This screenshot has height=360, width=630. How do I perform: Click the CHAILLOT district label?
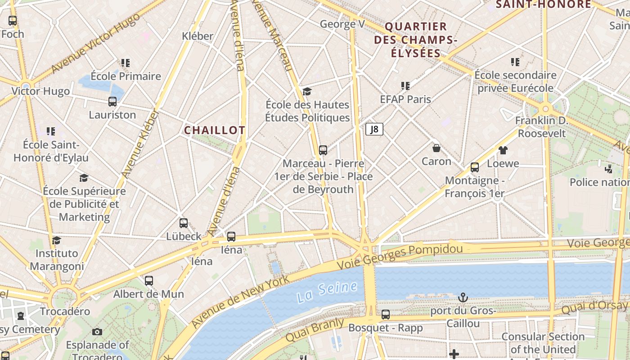point(215,130)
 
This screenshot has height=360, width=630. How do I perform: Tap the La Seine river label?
point(327,292)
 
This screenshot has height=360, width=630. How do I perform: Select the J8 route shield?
point(374,130)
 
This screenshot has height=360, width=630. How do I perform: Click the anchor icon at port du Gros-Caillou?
point(463,297)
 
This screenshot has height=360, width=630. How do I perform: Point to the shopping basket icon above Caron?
point(436,148)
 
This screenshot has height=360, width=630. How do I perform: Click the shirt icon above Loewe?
point(503,150)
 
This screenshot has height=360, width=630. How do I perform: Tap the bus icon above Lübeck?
point(184,223)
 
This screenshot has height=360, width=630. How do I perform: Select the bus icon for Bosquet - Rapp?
point(386,315)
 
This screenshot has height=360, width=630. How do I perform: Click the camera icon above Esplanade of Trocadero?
point(97,332)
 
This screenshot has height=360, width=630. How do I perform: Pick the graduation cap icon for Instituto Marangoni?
point(56,240)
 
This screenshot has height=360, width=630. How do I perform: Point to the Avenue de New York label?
point(241,301)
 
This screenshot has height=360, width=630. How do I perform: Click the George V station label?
point(342,24)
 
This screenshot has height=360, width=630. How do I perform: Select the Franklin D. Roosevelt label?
point(541,127)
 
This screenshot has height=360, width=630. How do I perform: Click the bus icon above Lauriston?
point(112,102)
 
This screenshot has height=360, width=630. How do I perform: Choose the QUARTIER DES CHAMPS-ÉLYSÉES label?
point(415,40)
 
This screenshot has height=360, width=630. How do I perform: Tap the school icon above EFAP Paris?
point(405,85)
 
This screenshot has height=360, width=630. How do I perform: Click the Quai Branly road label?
point(315,330)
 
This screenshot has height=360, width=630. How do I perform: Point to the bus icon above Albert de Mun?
point(149,281)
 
